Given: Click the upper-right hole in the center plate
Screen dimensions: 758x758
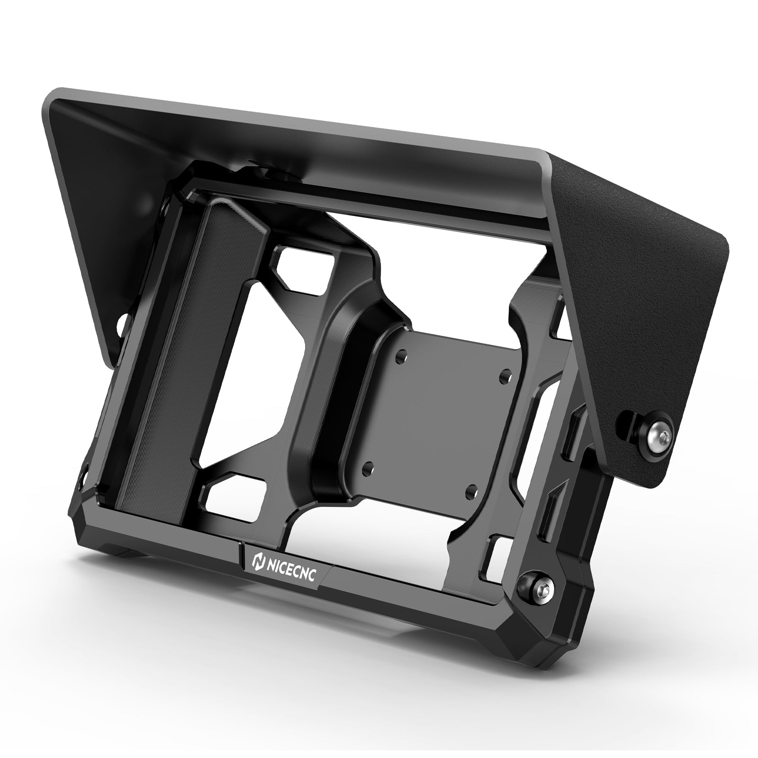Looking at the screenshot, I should (x=506, y=373).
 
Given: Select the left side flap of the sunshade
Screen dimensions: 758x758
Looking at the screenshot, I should (x=90, y=227).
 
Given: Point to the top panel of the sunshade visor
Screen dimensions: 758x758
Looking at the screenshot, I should (x=303, y=128).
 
